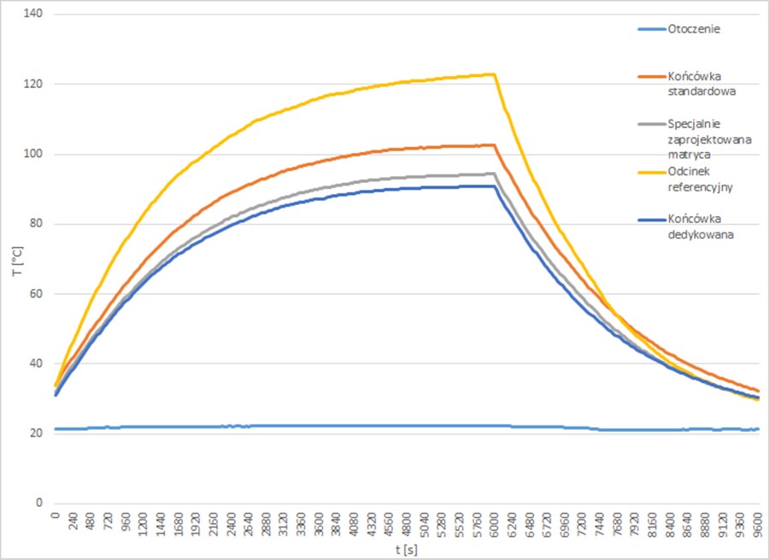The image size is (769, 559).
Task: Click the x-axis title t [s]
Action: [407, 546]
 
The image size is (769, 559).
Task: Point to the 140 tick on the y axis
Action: [36, 15]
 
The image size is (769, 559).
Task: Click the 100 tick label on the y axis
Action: [36, 155]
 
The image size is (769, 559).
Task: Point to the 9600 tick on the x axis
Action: [756, 523]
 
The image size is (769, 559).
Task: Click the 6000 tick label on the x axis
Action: [495, 523]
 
